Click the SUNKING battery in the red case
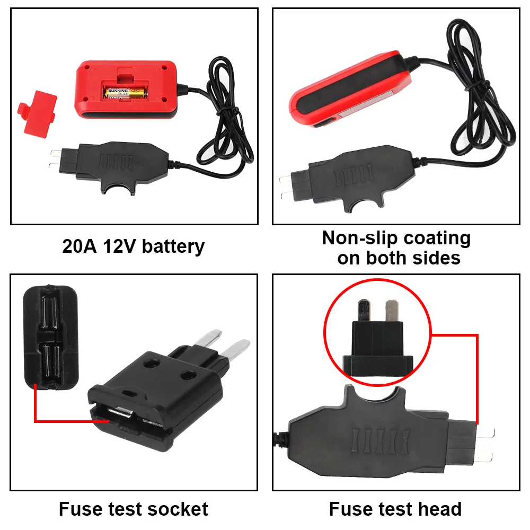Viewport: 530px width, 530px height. coord(125,93)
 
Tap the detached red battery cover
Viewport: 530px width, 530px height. coord(38,113)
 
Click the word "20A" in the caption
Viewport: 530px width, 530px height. coord(79,246)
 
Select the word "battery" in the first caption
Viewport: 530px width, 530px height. coord(173,247)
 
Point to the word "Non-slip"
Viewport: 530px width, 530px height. coord(360,238)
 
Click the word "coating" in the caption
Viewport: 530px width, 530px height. coord(437,239)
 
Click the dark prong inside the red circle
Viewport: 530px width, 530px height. coord(365,310)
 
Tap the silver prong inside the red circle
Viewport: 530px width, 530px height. coord(392,310)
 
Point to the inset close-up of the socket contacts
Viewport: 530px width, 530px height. coord(51,337)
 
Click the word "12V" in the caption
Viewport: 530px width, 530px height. coord(119,246)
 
